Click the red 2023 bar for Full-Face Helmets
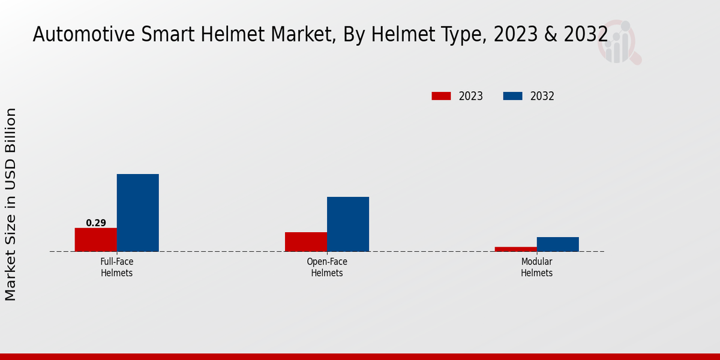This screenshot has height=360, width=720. pos(95,239)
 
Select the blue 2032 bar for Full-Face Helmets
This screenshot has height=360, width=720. pos(137,212)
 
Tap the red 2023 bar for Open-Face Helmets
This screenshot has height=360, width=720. pos(306,242)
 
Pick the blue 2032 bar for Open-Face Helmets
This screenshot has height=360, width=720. pos(348,224)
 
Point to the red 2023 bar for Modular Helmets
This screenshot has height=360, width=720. pos(516,249)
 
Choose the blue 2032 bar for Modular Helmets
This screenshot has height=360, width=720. pos(558,244)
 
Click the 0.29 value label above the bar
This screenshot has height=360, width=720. pos(96,223)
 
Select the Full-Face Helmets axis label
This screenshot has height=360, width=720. pos(116,268)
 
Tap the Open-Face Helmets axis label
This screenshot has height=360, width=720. pos(327,268)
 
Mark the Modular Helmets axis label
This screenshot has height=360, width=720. pos(536,268)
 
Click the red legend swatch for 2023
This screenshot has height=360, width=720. pos(441,96)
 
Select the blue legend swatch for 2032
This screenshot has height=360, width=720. pos(512,96)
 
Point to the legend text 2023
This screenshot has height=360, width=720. pos(471,96)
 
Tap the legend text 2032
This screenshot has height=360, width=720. pos(542,96)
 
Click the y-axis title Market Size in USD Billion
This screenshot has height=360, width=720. pos(11,204)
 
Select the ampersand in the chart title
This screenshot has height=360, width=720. pos(551,35)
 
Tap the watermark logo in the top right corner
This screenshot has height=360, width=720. pos(619,43)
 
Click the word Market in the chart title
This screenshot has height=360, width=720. pos(304,35)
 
